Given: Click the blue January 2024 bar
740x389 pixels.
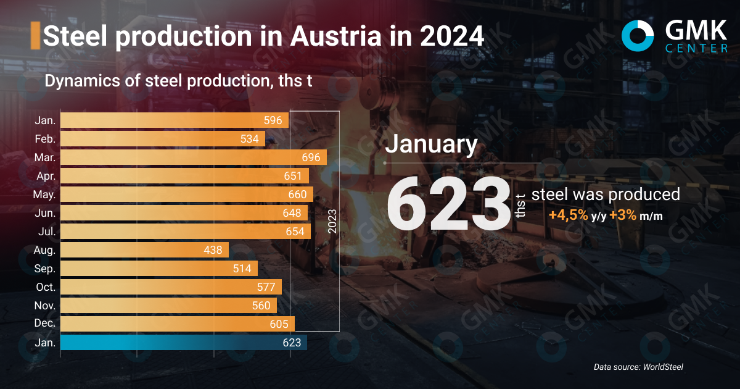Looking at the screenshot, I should tap(183, 342).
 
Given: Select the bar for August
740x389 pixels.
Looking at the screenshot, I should tap(144, 250).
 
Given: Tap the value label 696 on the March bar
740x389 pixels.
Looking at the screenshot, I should tap(311, 157).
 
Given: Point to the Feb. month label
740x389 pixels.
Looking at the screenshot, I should tap(45, 139).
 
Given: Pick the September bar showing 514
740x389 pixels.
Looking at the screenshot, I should tap(158, 269).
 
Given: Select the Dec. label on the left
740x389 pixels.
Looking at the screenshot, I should tap(45, 324).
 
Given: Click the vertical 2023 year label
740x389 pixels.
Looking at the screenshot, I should tap(332, 221).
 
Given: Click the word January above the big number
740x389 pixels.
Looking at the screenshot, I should tap(431, 144).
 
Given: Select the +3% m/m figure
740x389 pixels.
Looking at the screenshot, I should tap(636, 216).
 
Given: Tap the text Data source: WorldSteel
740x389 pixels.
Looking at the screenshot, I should tap(638, 367).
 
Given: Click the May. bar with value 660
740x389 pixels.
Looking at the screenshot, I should tap(187, 194).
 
